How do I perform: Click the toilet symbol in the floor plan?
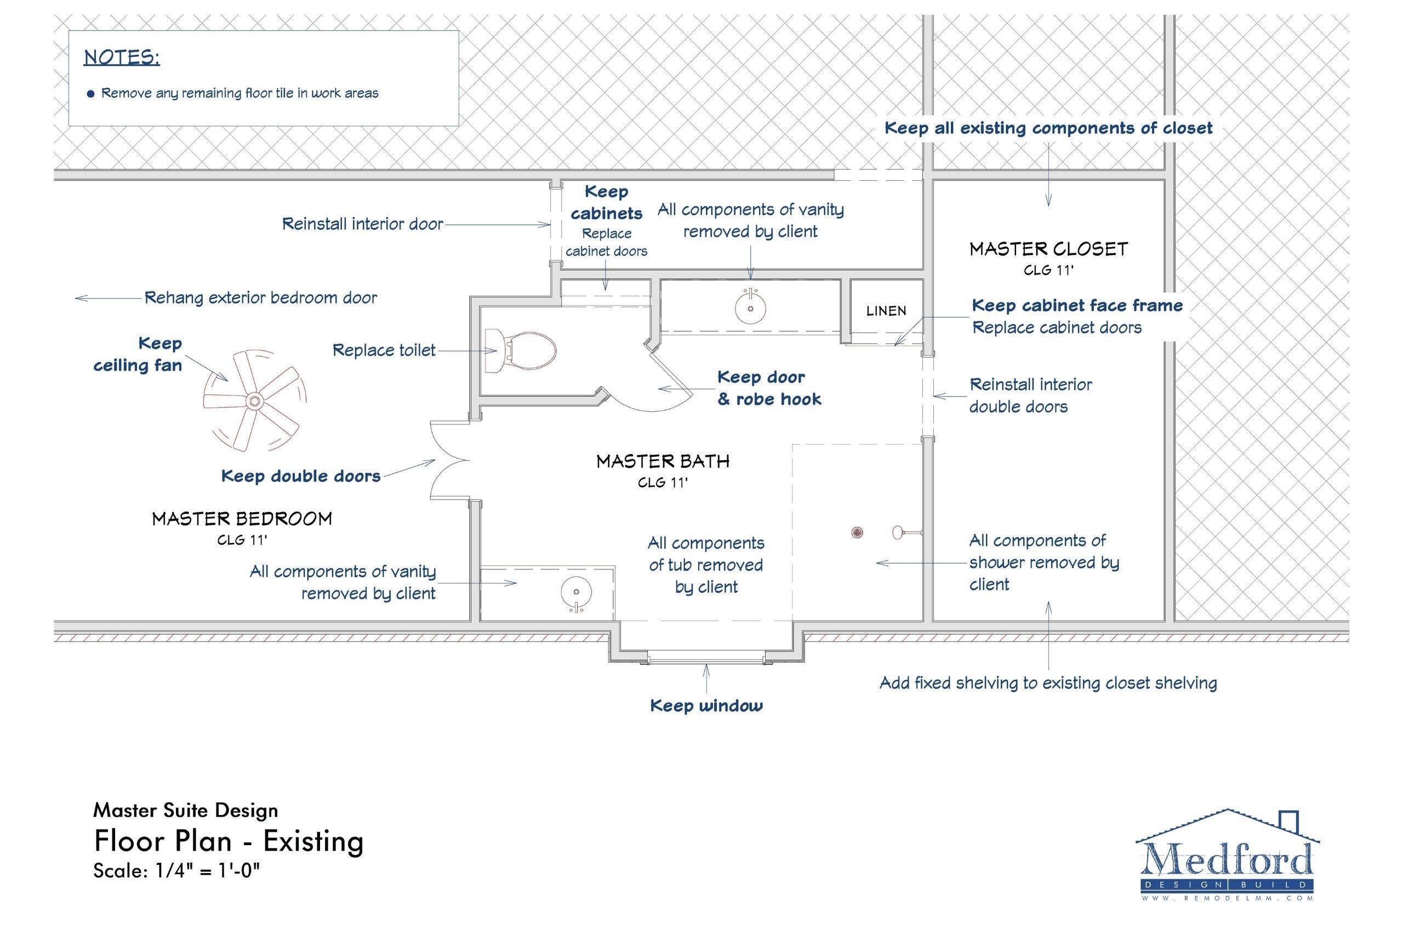pyautogui.click(x=522, y=352)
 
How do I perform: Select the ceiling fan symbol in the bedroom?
pyautogui.click(x=255, y=401)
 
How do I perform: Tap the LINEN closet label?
pyautogui.click(x=886, y=311)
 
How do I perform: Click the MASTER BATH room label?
pyautogui.click(x=663, y=462)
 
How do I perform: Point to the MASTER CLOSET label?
pyautogui.click(x=1048, y=249)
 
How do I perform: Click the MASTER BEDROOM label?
pyautogui.click(x=242, y=519)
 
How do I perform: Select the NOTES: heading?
pyautogui.click(x=122, y=58)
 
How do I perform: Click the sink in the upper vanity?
pyautogui.click(x=750, y=308)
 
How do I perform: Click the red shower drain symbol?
pyautogui.click(x=857, y=532)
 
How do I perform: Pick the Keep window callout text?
pyautogui.click(x=706, y=706)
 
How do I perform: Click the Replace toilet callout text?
pyautogui.click(x=384, y=351)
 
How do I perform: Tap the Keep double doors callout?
pyautogui.click(x=301, y=476)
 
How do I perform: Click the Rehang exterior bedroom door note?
pyautogui.click(x=261, y=297)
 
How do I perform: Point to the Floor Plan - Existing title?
pyautogui.click(x=229, y=841)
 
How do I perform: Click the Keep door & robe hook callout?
pyautogui.click(x=769, y=388)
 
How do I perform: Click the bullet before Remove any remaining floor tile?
pyautogui.click(x=90, y=94)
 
